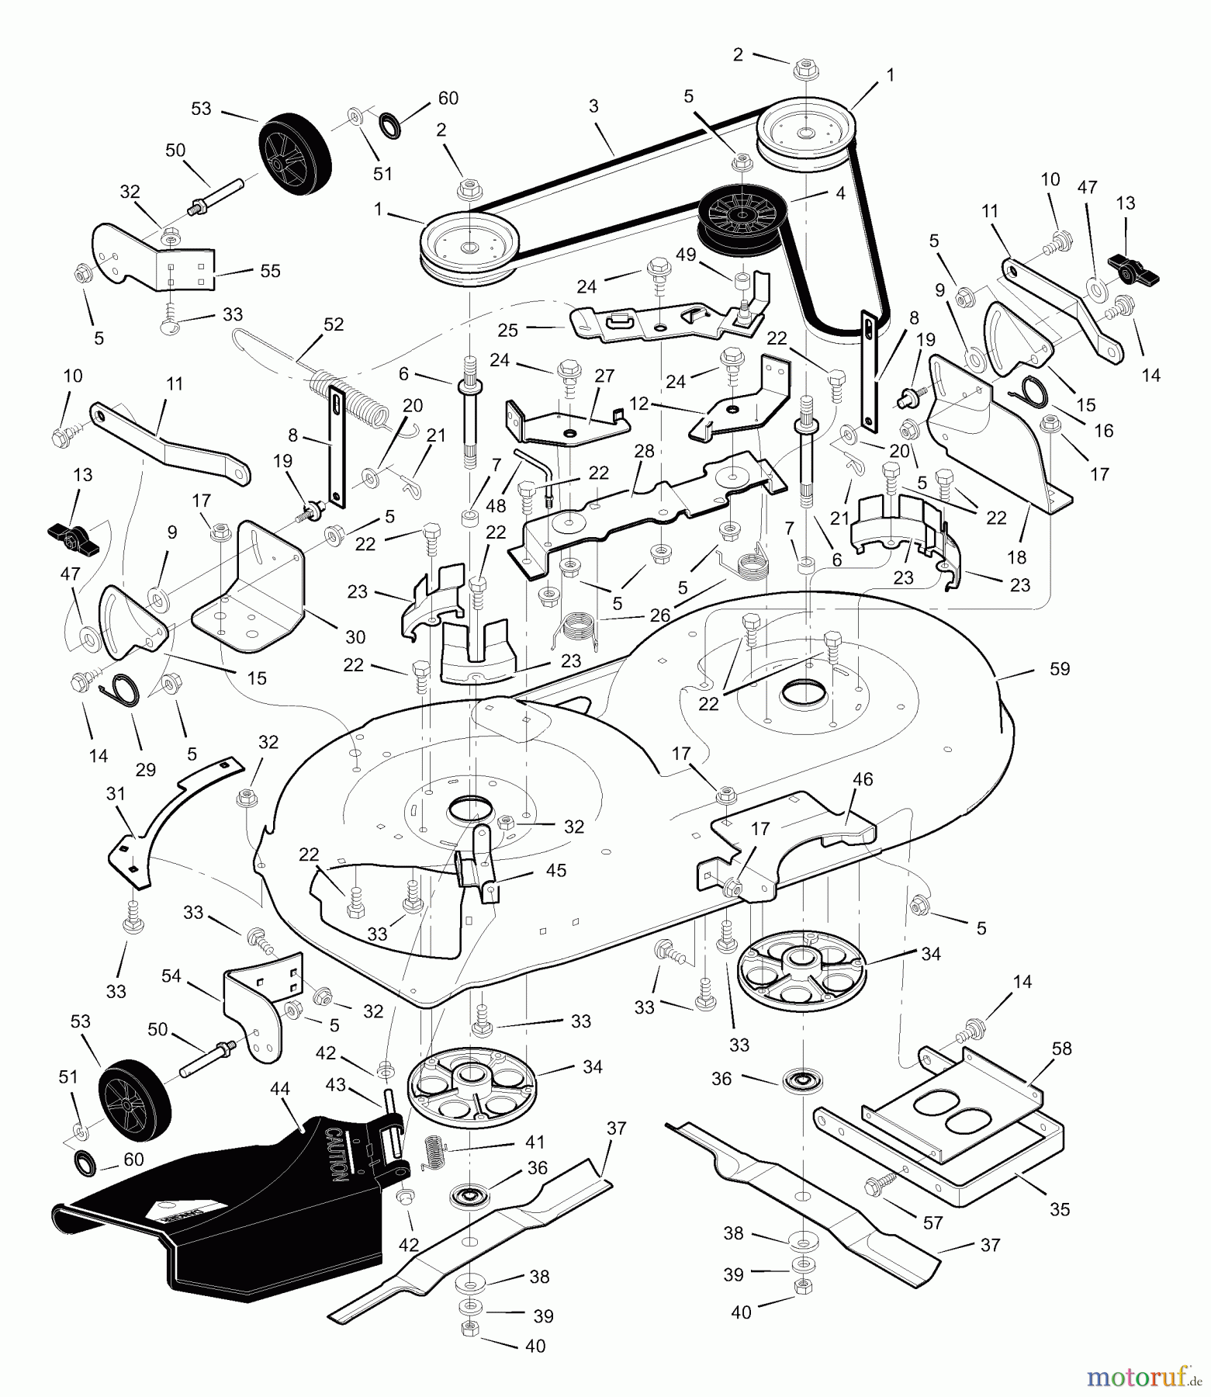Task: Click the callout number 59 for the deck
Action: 1059,668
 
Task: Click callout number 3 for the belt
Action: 593,106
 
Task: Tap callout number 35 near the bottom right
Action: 1059,1208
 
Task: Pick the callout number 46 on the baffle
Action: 862,779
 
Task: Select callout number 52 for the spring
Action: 334,324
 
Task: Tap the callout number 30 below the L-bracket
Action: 355,637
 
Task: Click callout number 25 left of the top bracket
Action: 507,331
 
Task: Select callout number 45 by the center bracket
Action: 555,870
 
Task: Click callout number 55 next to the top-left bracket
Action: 270,271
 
